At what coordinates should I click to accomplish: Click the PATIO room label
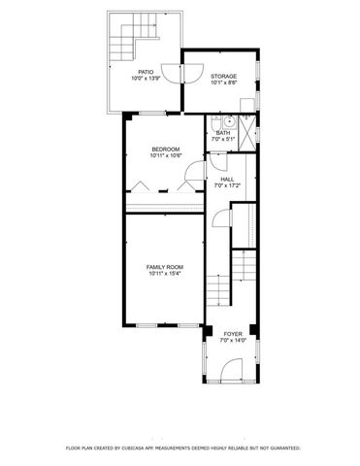coord(146,71)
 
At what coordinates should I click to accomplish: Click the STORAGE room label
coord(224,75)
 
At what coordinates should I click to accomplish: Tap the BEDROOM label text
coord(164,149)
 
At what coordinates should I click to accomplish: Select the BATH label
coord(223,133)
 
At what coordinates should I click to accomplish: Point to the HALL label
coord(227,179)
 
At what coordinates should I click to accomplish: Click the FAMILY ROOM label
coord(165,266)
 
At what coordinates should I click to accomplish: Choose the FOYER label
coord(233,333)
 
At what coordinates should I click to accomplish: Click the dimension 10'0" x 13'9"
coord(146,78)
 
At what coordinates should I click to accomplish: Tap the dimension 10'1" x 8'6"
coord(224,82)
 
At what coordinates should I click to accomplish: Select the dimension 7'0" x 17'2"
coord(227,185)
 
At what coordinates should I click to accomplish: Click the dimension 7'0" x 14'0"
coord(233,340)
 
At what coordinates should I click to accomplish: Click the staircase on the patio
coord(126,39)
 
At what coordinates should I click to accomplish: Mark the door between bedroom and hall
coord(195,175)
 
